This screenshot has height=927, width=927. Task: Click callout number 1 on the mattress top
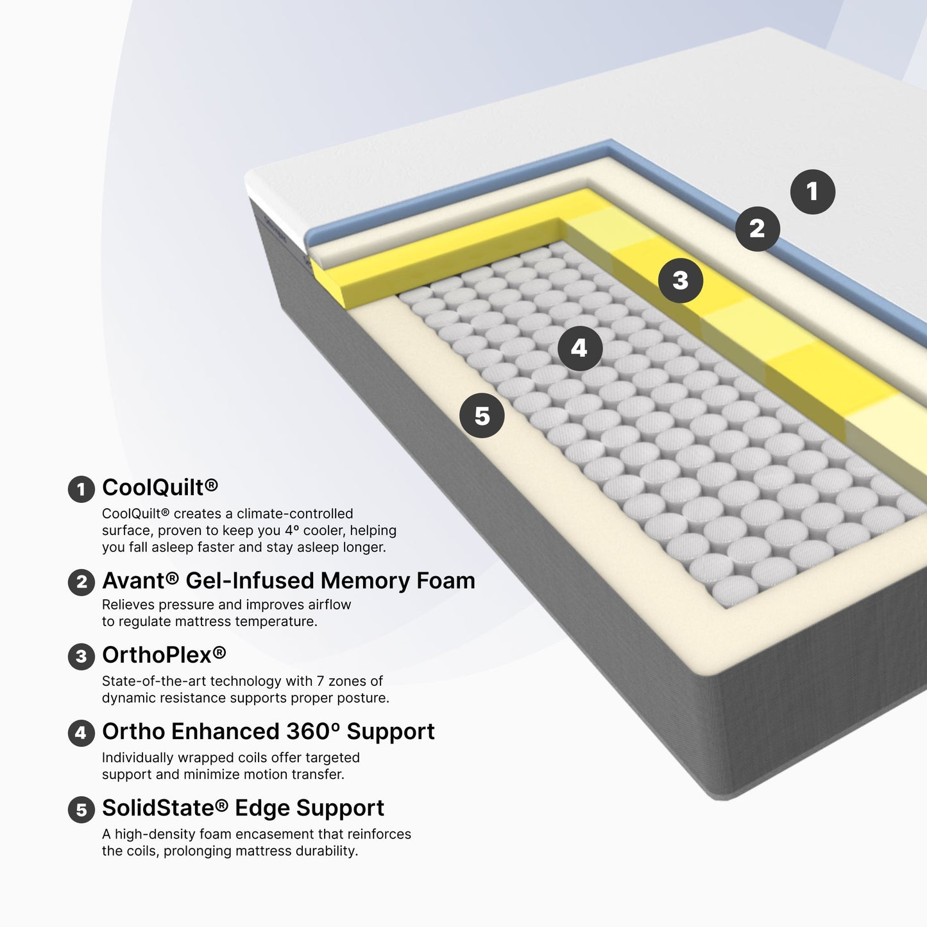coord(813,191)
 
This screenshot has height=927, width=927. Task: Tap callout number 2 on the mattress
coord(757,228)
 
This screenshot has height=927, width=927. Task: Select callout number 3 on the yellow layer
coord(680,280)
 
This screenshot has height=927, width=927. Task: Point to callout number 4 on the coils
coord(580,348)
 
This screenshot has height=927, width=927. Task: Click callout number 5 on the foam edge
coord(482,416)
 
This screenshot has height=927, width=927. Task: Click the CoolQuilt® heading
coord(160,488)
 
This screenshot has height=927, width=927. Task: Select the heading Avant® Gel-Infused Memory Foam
coord(289,581)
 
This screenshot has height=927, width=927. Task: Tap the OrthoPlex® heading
coord(164,655)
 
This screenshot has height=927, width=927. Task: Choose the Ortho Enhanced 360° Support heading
coord(268,731)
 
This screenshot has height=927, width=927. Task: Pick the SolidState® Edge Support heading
coord(243,808)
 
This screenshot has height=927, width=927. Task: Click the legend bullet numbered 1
coord(81,489)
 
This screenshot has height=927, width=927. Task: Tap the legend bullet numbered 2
coord(81,582)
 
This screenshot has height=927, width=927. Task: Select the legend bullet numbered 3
coord(81,657)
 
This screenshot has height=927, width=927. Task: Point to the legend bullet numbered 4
coord(81,733)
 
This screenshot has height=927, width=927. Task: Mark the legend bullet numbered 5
coord(81,810)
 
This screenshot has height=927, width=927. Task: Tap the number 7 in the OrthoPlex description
coord(320,681)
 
